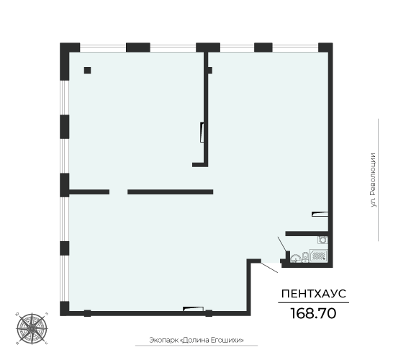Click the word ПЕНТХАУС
(x=312, y=294)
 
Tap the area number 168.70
(x=312, y=313)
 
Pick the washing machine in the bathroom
(x=323, y=240)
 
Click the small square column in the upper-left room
(x=87, y=71)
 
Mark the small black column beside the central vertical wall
(x=209, y=71)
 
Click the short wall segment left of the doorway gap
(x=89, y=192)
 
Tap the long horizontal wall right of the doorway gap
(x=171, y=192)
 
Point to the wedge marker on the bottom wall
(x=189, y=308)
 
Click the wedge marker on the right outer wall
(x=320, y=213)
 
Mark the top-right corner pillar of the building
(x=325, y=51)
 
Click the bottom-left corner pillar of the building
(x=65, y=308)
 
